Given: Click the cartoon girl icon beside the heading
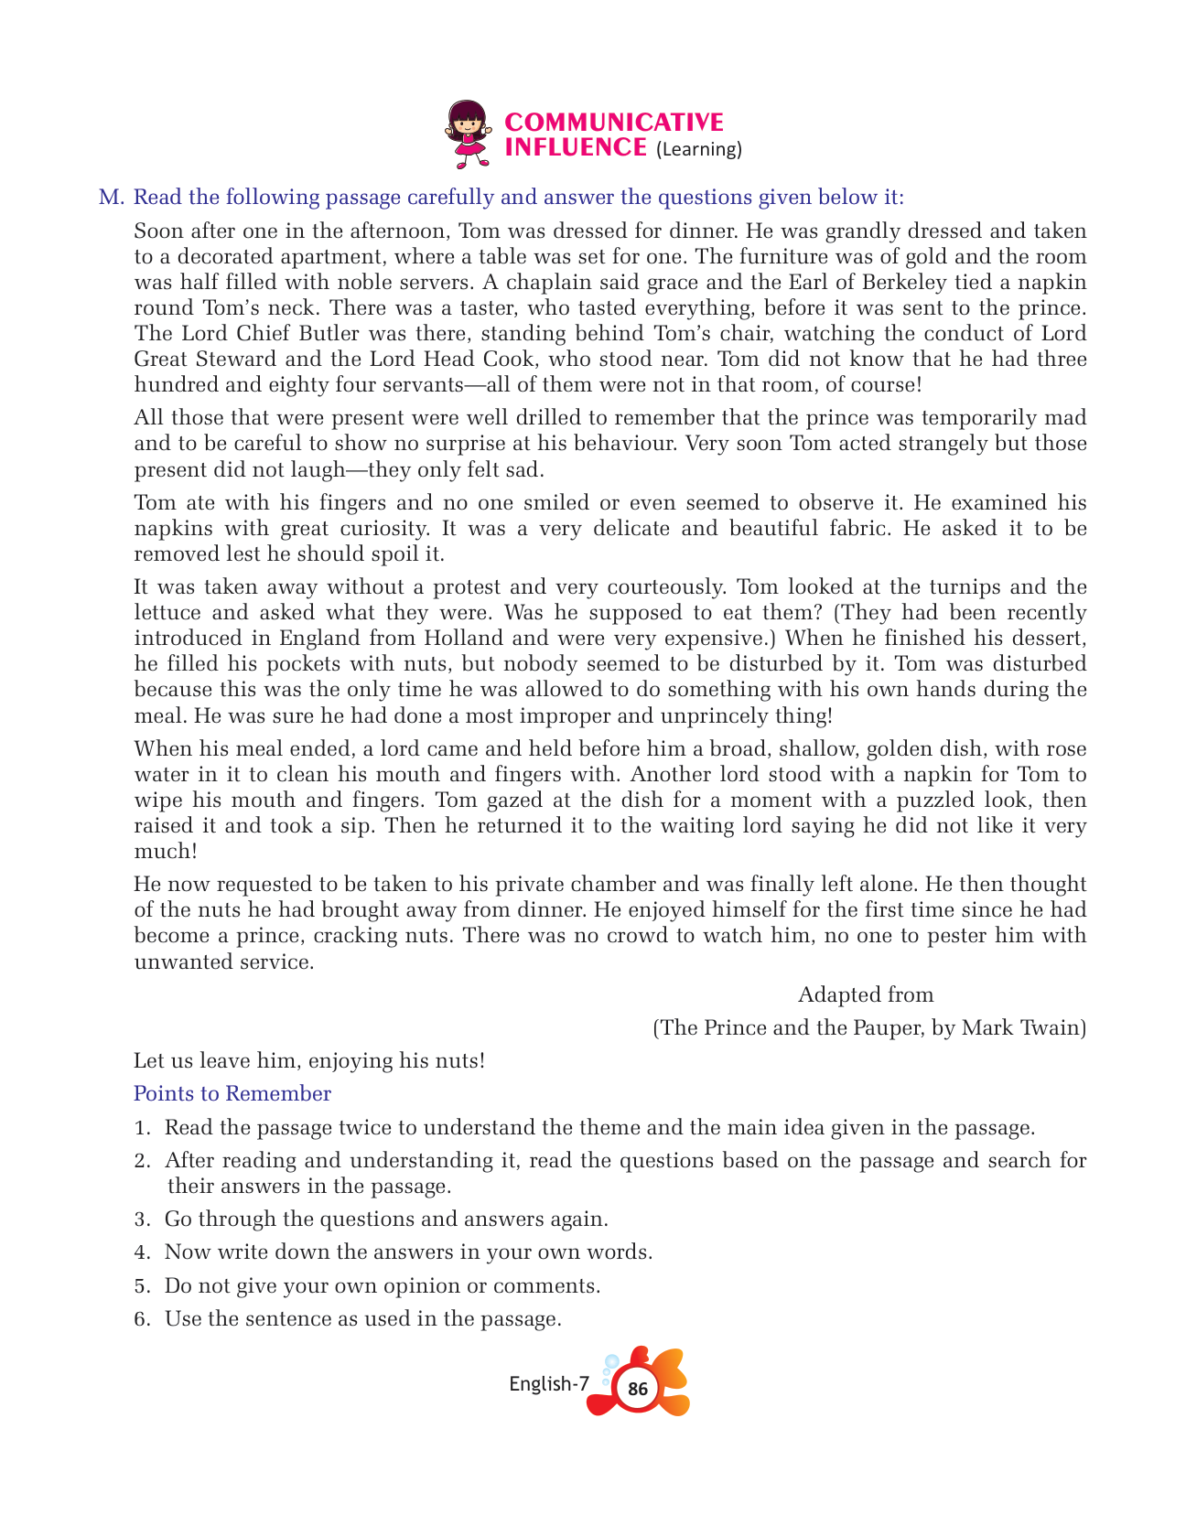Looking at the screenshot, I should coord(468,134).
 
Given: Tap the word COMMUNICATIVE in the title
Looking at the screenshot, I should coord(613,122).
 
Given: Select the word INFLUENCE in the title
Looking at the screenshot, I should coord(576,147).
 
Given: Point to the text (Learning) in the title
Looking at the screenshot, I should coord(698,149).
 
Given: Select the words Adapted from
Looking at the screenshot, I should coord(865,994).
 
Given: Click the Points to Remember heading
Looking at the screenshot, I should coord(232,1093).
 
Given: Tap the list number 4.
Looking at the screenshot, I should coord(141,1252).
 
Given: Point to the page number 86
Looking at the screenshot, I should coord(638,1389).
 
